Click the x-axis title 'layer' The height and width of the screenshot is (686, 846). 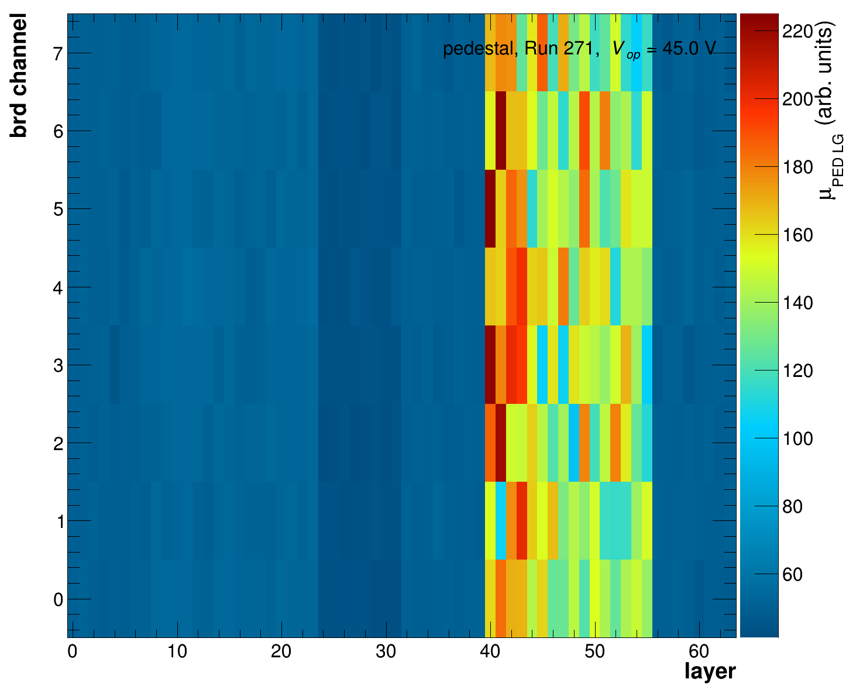pos(710,671)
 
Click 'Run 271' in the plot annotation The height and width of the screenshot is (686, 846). pos(559,49)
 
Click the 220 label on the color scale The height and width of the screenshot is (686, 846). pos(798,32)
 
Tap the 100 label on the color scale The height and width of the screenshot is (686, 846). pos(798,439)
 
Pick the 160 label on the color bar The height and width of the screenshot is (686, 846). pos(798,235)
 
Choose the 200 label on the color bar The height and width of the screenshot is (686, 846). pos(798,100)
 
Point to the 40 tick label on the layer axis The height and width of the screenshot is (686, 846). pos(490,651)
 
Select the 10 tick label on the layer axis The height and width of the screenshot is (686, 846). pos(177,651)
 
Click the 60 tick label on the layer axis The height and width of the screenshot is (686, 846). pos(699,651)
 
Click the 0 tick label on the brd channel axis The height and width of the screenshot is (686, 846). pos(58,600)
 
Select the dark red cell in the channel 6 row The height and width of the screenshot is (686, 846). pos(501,130)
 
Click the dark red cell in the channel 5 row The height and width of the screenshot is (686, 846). pos(490,208)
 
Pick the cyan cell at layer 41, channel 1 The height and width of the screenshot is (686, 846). pos(501,520)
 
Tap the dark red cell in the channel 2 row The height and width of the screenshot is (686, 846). pos(501,443)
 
